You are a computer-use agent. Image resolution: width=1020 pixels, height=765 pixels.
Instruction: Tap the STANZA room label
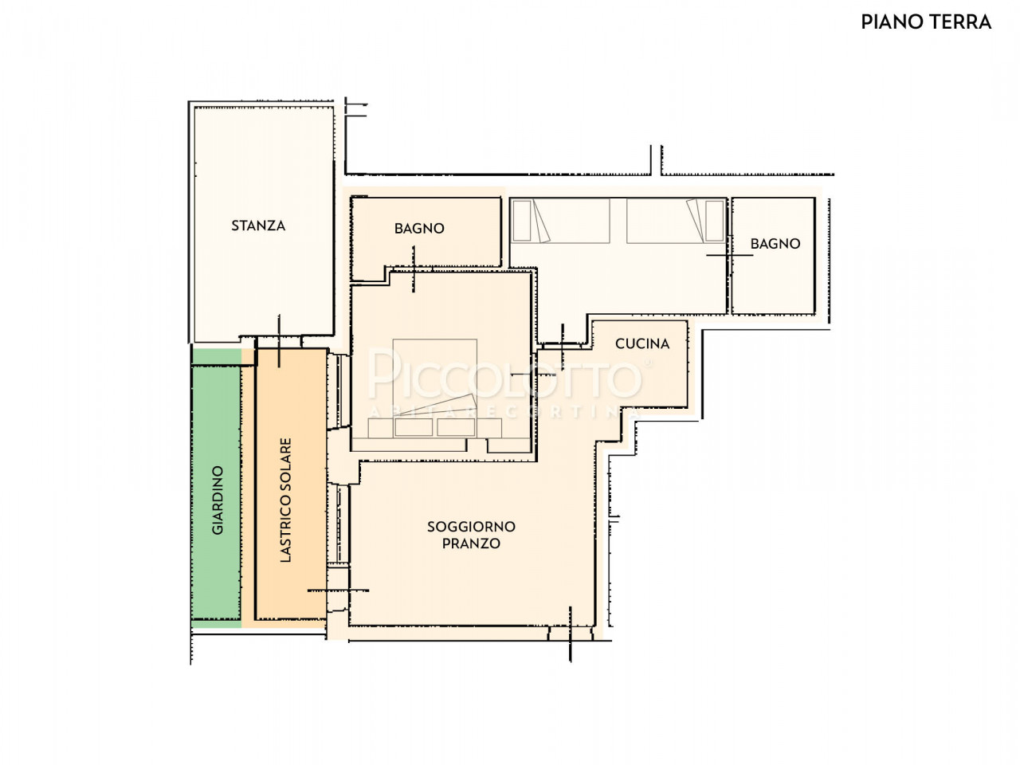click(258, 226)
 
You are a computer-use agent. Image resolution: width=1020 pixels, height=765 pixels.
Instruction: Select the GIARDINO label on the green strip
click(218, 500)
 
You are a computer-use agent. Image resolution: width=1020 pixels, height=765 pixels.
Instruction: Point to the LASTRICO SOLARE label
click(286, 500)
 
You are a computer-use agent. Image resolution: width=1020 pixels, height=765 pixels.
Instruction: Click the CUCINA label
click(641, 343)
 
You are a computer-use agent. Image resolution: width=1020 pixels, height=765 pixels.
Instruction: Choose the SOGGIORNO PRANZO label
click(471, 535)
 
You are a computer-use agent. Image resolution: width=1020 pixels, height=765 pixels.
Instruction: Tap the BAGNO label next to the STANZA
click(419, 229)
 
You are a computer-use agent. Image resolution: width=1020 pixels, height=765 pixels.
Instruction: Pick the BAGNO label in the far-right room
click(775, 244)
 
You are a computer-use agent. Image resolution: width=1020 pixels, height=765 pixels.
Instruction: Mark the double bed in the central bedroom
click(435, 388)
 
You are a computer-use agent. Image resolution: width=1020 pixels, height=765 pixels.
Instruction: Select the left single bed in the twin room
click(560, 221)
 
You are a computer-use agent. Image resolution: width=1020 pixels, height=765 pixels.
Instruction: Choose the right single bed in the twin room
click(676, 221)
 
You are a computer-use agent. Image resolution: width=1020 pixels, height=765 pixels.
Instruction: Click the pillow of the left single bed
click(521, 221)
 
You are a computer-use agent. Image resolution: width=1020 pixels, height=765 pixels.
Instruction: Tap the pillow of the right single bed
click(714, 221)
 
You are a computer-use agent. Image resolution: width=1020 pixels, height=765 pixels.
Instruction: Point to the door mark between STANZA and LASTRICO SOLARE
click(279, 341)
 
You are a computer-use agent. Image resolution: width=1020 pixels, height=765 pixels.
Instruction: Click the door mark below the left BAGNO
click(413, 269)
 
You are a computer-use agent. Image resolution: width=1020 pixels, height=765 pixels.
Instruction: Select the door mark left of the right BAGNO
click(730, 255)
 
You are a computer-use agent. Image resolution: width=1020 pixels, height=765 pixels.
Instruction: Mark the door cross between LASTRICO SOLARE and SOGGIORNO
click(339, 590)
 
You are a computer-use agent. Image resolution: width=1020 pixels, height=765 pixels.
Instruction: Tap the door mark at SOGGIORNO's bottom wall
click(571, 634)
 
